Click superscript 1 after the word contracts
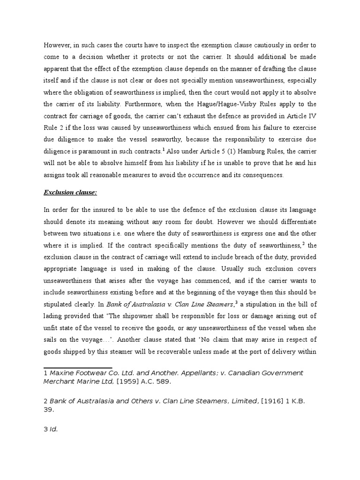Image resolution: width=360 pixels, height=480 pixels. pos(164,149)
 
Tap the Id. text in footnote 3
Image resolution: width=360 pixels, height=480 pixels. pos(54,429)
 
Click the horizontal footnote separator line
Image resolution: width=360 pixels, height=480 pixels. pos(78,367)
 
